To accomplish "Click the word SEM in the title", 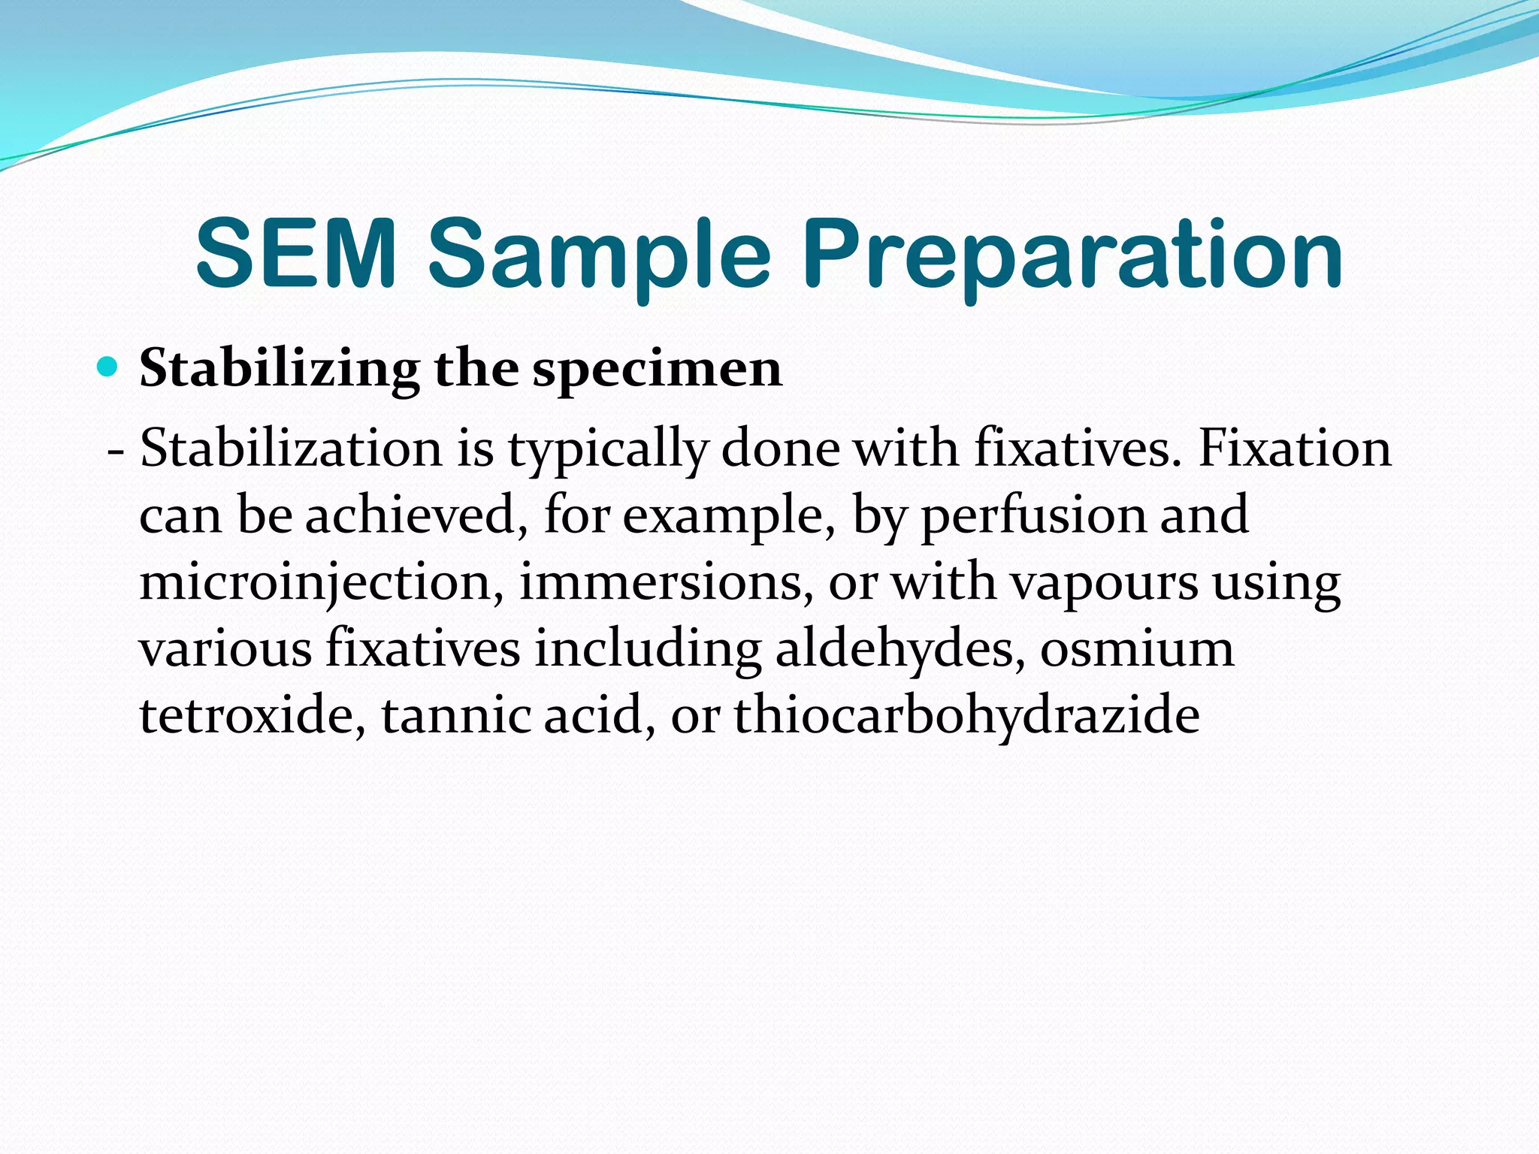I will pos(295,253).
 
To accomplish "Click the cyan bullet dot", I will pos(109,368).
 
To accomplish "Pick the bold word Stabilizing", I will pos(280,370).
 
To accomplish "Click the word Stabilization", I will pos(291,449).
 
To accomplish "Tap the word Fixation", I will pos(1294,449).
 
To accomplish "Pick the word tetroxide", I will pos(252,714).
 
